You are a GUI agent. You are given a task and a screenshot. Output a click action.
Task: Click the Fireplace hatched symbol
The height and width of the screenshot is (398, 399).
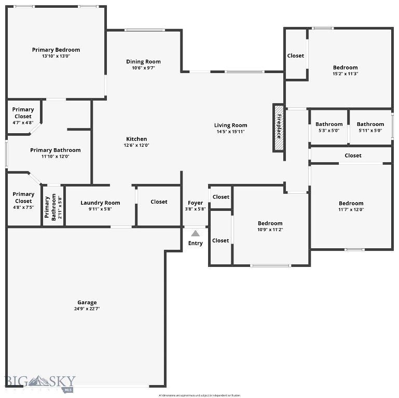tap(279, 127)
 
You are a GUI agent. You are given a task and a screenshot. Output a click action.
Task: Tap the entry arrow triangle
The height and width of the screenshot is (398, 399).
tap(195, 233)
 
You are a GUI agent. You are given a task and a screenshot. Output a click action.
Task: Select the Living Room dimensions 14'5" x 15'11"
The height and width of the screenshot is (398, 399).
tap(230, 132)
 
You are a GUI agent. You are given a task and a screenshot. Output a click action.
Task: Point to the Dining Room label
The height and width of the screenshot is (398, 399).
tap(143, 62)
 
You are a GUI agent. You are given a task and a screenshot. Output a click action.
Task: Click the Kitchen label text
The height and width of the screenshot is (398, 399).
tap(136, 139)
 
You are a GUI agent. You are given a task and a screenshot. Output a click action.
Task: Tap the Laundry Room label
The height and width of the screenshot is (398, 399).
tap(100, 203)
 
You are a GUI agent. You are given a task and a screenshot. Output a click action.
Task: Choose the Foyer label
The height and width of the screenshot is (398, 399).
tap(195, 203)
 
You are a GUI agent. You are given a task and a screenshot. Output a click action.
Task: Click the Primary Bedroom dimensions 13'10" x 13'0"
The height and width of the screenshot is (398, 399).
tap(56, 56)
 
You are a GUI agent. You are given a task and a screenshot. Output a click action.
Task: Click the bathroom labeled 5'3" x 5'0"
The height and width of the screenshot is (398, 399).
tap(329, 127)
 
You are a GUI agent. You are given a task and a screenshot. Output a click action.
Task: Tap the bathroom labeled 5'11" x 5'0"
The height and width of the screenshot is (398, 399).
tap(370, 127)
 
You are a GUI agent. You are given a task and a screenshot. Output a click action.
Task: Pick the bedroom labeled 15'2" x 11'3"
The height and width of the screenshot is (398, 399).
tap(345, 70)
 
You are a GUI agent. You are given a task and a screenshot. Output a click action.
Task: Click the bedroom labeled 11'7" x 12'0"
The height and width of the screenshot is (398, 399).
tap(351, 206)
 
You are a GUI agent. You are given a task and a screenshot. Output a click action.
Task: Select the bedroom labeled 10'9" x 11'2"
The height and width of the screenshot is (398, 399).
tap(270, 226)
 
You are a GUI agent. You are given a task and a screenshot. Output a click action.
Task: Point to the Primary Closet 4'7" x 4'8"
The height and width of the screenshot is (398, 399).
tap(23, 116)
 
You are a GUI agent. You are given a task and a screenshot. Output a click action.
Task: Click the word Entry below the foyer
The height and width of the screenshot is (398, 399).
tap(196, 244)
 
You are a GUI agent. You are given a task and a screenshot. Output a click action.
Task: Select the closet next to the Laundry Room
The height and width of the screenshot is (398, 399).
tap(159, 202)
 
